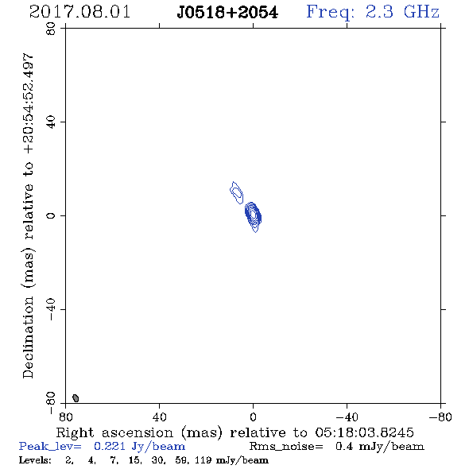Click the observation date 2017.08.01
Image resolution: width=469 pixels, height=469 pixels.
point(79,12)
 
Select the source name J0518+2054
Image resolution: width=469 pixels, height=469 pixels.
point(227,13)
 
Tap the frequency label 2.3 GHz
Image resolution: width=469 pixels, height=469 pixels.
point(402,12)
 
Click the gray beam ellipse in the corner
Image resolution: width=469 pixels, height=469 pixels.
point(76,397)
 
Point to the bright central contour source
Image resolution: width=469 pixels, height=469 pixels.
point(253,215)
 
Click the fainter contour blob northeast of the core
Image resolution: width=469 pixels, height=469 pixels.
point(237,192)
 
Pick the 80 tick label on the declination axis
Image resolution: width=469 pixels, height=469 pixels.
point(51,29)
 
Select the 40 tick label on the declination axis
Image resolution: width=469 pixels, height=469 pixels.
point(51,122)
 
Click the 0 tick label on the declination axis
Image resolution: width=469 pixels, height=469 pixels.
point(51,215)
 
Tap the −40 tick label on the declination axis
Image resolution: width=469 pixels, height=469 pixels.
point(51,309)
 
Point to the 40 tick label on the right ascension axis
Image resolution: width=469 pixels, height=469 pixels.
point(159,417)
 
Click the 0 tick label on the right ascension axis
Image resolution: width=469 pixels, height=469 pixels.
point(253,417)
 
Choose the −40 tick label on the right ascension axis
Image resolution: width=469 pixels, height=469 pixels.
point(347,417)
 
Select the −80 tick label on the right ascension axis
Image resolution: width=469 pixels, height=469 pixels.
point(440,417)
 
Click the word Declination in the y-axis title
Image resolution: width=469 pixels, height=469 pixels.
point(28,337)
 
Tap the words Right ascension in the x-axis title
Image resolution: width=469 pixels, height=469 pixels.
point(114,432)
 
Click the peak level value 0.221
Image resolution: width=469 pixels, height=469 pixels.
point(109,446)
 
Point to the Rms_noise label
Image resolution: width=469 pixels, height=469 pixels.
point(286,447)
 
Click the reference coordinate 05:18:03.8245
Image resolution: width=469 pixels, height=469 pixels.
point(364,432)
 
